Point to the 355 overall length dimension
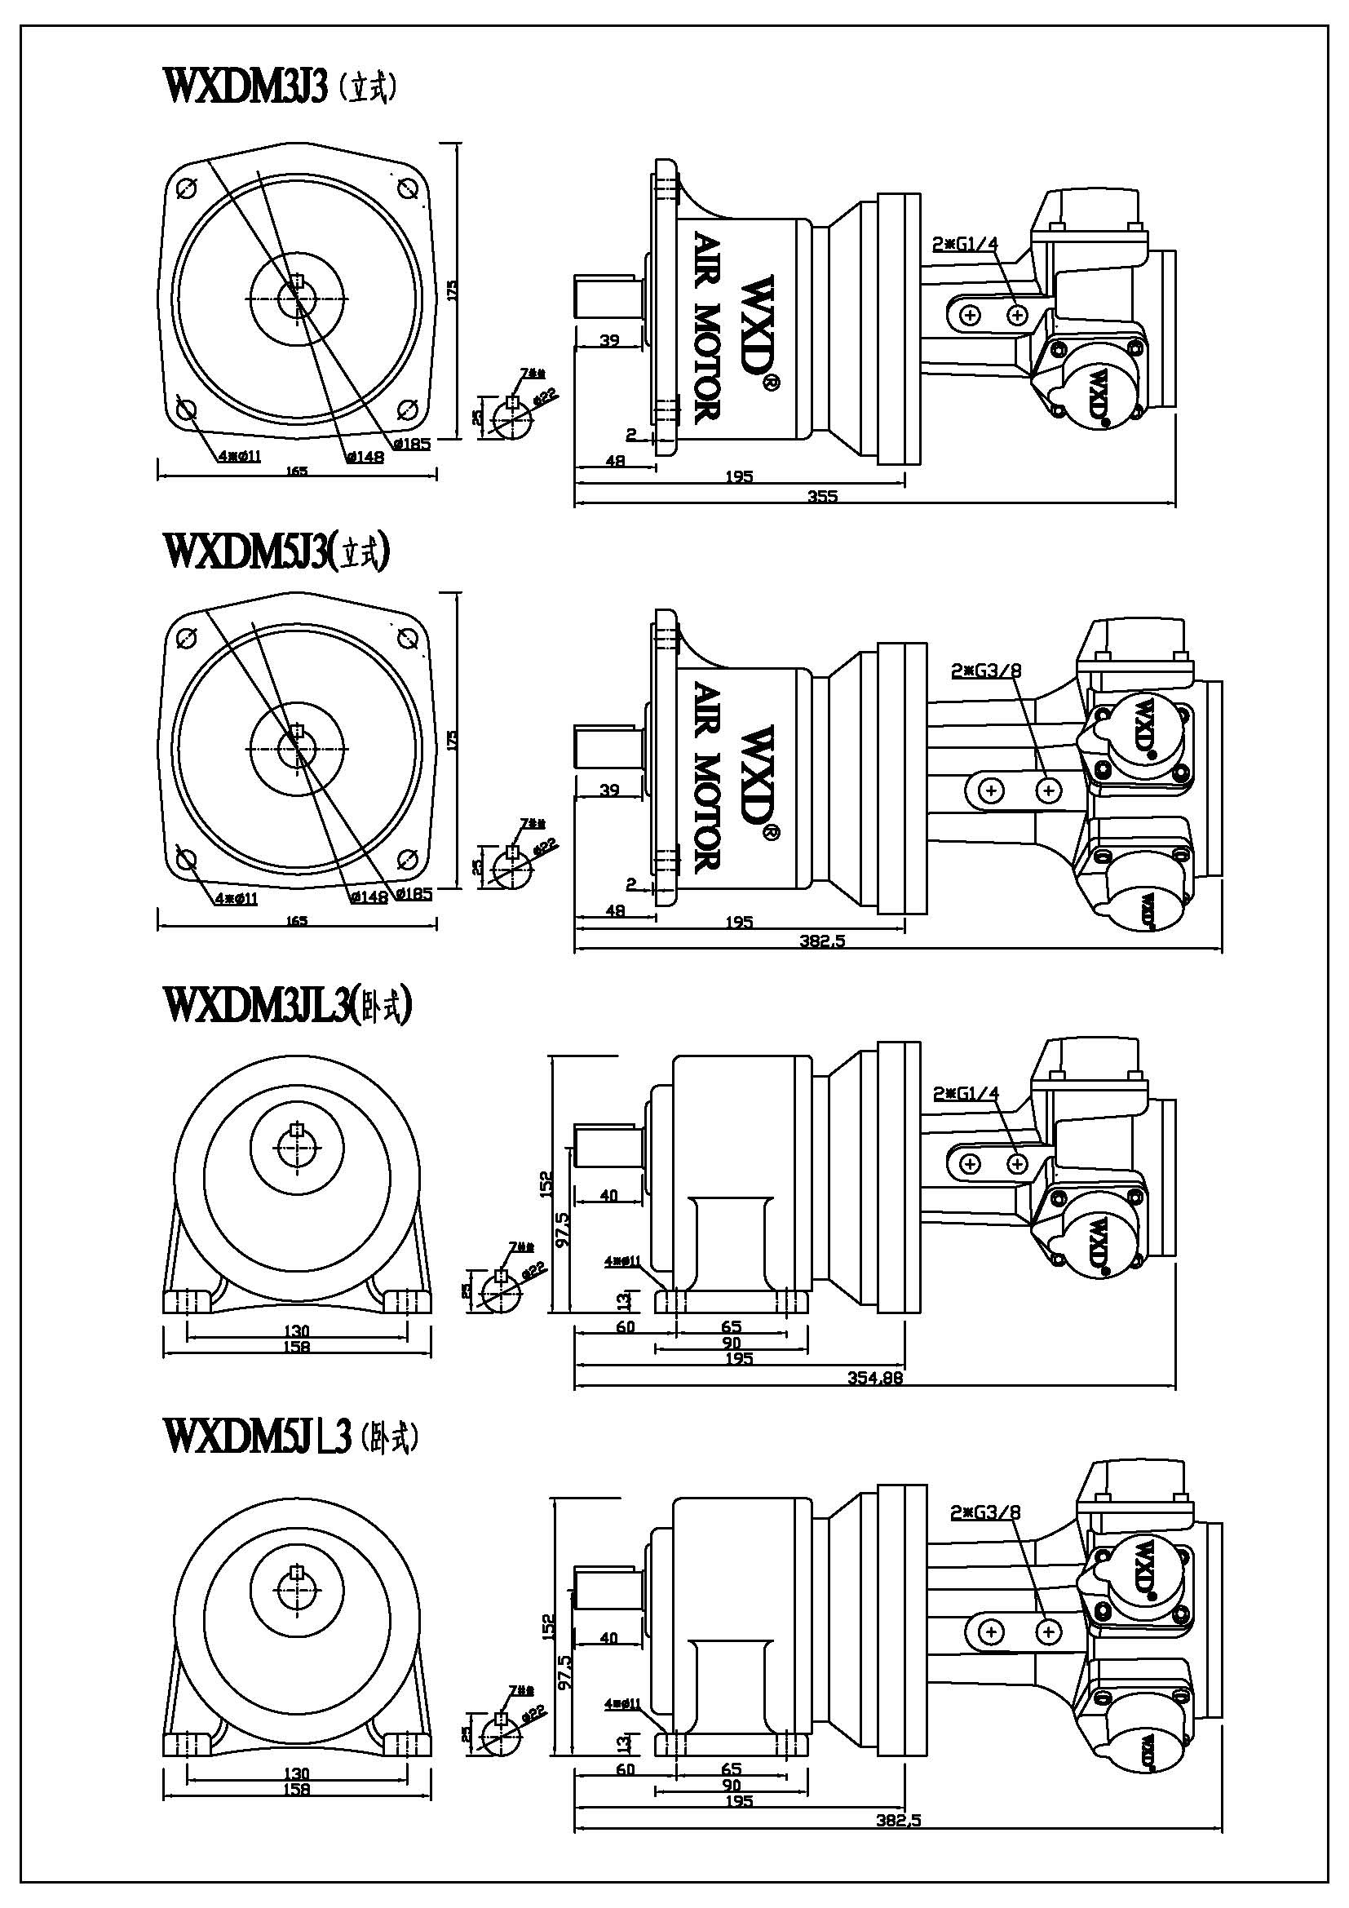click(x=822, y=496)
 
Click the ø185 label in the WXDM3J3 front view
click(x=412, y=444)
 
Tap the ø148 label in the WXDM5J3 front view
click(x=368, y=896)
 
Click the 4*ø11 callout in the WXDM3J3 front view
click(x=239, y=455)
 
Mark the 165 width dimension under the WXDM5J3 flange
click(x=297, y=921)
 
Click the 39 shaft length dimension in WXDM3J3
click(x=610, y=340)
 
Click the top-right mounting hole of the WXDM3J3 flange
click(x=407, y=188)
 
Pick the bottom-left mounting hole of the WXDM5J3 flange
click(x=187, y=859)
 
